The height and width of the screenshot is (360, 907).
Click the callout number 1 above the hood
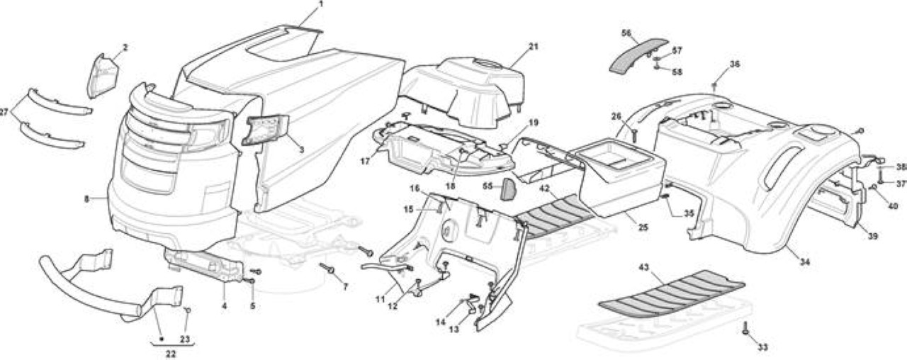321,4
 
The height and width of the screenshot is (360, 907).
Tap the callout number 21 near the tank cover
534,47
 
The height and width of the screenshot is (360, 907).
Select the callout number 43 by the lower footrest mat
644,267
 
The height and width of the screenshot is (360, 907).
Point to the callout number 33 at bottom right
762,347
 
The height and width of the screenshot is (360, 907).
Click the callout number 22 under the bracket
171,354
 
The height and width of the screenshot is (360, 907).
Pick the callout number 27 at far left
4,112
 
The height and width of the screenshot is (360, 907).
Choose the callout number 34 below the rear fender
805,262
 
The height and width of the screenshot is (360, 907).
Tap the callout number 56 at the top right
626,33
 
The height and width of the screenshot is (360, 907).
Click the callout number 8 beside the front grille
86,199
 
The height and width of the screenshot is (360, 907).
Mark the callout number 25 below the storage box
643,227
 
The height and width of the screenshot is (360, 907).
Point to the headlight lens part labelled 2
103,76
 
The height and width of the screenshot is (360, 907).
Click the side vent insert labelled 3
265,130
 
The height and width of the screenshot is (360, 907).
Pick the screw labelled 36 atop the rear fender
714,86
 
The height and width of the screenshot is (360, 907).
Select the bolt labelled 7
327,268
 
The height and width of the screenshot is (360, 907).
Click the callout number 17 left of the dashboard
365,161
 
